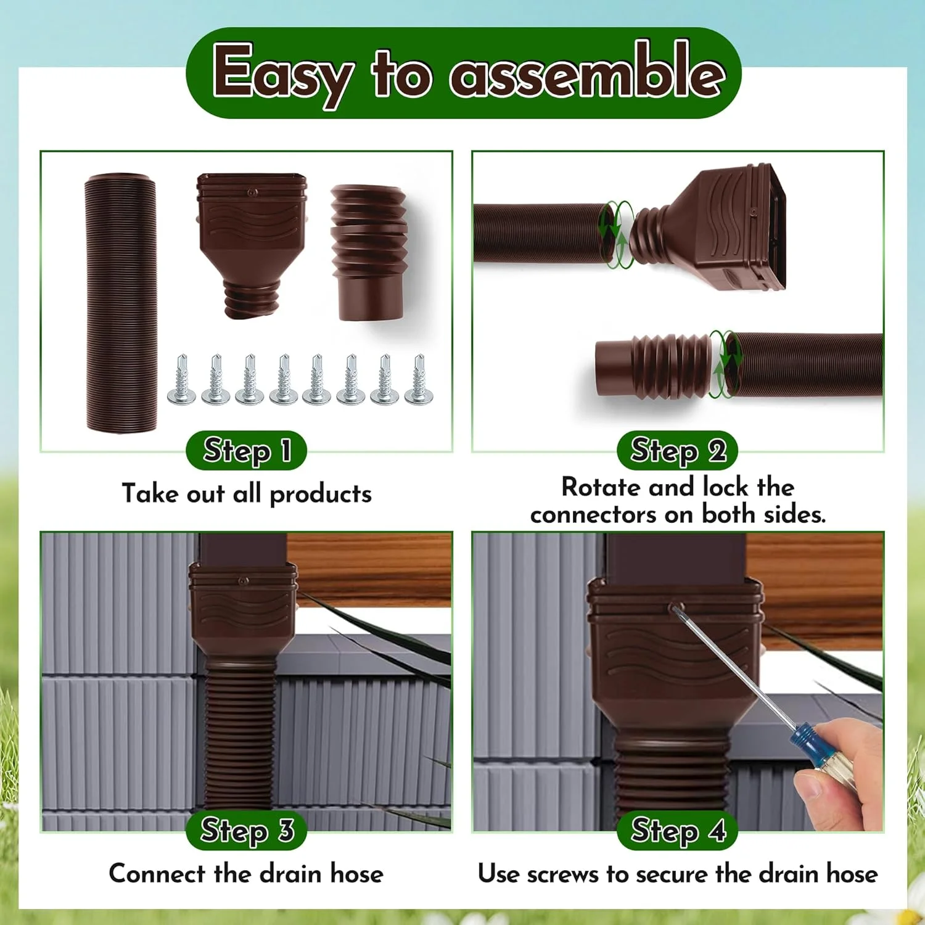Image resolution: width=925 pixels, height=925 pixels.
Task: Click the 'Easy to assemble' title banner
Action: (x=463, y=73)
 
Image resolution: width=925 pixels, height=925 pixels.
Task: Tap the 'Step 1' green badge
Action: (x=246, y=450)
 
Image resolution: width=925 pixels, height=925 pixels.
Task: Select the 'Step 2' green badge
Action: (x=677, y=450)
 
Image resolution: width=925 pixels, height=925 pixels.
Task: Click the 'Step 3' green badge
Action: (x=246, y=830)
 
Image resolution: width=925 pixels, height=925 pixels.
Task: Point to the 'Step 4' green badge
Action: (x=677, y=830)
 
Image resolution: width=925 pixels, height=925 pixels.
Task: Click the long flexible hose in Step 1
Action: (x=121, y=302)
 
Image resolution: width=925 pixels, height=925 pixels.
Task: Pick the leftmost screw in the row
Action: (x=181, y=380)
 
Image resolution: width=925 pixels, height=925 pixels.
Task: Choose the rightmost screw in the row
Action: (x=419, y=380)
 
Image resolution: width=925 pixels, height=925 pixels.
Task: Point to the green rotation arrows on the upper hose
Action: (x=617, y=234)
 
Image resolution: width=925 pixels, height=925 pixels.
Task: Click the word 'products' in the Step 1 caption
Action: (x=321, y=494)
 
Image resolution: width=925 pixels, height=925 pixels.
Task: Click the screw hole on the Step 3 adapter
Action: (x=244, y=581)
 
